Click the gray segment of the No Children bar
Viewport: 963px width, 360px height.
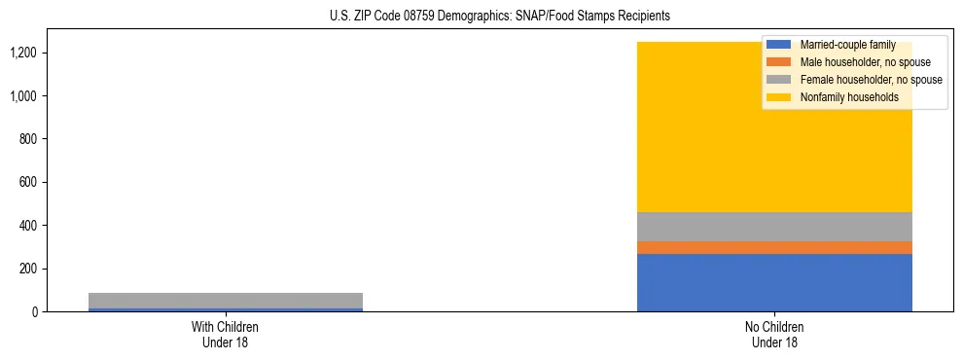pyautogui.click(x=774, y=227)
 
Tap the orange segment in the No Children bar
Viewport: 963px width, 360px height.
pyautogui.click(x=774, y=247)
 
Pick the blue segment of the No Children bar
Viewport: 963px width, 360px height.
pyautogui.click(x=774, y=282)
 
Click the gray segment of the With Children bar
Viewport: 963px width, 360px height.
pyautogui.click(x=225, y=300)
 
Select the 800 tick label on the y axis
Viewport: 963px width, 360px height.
pyautogui.click(x=28, y=139)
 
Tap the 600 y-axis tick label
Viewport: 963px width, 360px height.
pyautogui.click(x=28, y=182)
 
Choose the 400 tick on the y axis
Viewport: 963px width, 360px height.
pyautogui.click(x=28, y=226)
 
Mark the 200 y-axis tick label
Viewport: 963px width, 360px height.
pyautogui.click(x=28, y=269)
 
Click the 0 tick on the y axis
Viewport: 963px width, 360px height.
pyautogui.click(x=35, y=311)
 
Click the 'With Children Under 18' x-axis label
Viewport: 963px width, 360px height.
pyautogui.click(x=225, y=334)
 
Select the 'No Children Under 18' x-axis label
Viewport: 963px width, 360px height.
pyautogui.click(x=774, y=334)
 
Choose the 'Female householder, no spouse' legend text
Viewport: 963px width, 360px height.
pyautogui.click(x=871, y=80)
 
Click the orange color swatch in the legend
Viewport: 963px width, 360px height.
pyautogui.click(x=779, y=62)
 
